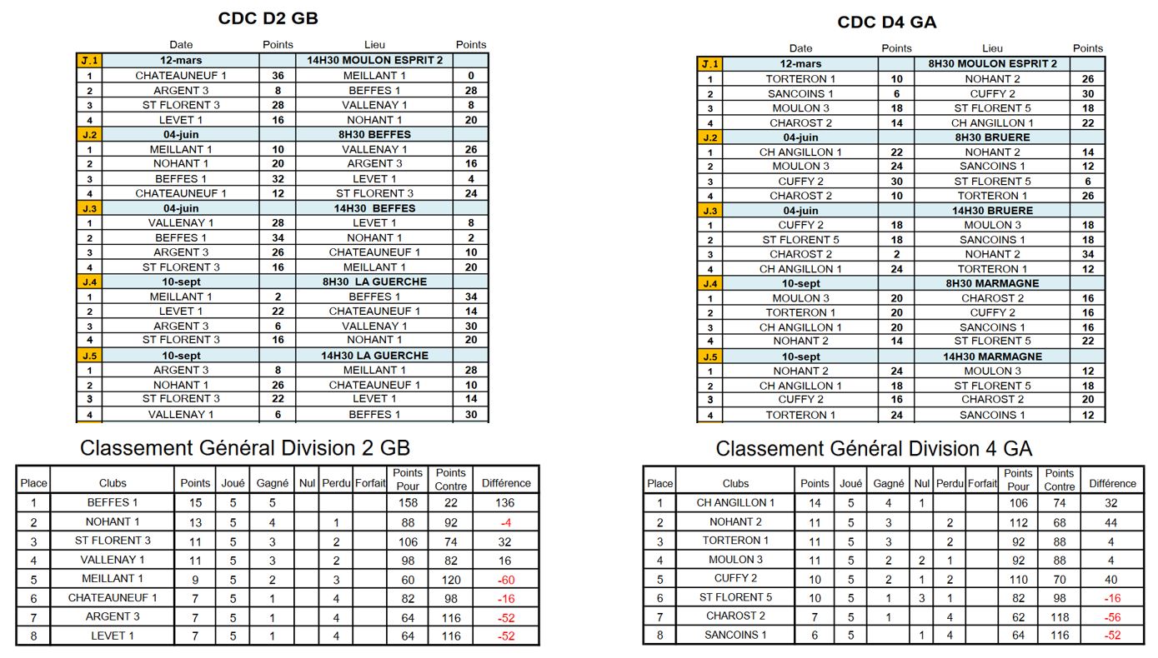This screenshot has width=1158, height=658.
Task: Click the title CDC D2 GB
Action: point(268,18)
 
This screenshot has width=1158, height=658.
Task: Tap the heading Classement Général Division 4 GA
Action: point(874,449)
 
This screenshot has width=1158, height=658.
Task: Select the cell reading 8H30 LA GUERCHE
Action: point(374,282)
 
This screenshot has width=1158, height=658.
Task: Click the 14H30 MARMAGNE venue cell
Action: point(992,356)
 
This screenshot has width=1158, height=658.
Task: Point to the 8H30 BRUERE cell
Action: point(992,137)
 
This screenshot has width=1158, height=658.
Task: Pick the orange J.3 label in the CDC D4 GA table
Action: point(709,211)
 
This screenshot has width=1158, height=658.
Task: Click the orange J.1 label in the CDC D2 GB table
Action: point(88,60)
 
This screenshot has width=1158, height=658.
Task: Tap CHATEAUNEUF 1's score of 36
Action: point(278,76)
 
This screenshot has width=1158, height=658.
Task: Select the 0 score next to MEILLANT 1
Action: point(471,76)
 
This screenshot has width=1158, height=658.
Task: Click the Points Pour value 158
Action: point(408,503)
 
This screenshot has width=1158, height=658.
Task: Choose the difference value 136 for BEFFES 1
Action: point(505,503)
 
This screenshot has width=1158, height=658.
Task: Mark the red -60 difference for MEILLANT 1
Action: point(505,579)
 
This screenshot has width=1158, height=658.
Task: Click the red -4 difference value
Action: point(505,522)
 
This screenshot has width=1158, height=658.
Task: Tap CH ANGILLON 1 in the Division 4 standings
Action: point(735,503)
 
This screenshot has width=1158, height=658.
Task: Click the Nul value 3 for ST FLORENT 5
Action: point(920,597)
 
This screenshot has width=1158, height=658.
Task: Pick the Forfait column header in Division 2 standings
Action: point(369,483)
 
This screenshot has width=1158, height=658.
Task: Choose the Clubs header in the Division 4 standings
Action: point(735,483)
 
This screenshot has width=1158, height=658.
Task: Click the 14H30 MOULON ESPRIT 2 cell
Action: point(374,60)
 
